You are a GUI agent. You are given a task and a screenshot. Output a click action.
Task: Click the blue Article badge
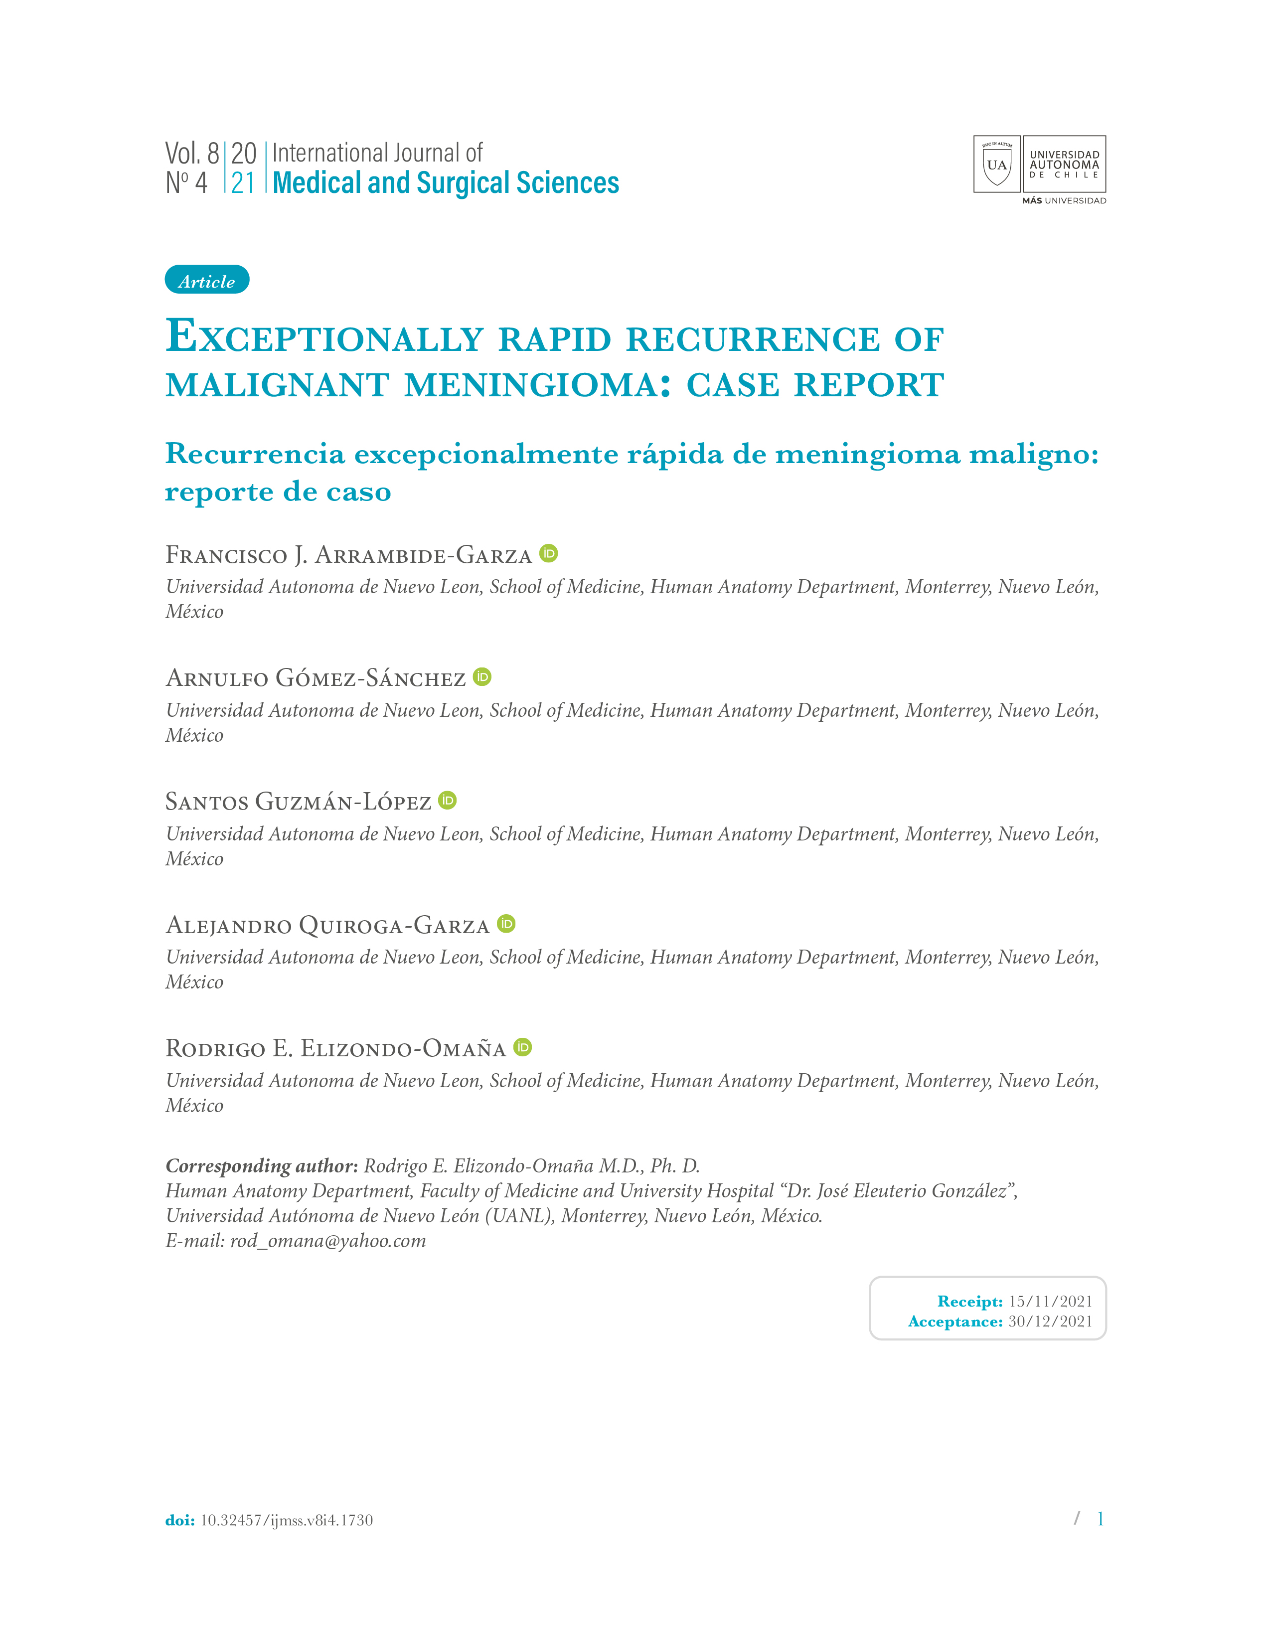[206, 280]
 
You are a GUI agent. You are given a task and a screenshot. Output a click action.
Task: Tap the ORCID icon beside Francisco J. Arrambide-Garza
[548, 554]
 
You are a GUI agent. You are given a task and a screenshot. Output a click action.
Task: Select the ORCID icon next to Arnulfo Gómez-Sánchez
[482, 677]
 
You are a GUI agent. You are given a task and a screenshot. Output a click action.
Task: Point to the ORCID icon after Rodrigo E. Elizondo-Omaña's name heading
[522, 1047]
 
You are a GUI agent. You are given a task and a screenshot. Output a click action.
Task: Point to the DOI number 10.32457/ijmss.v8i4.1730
[286, 1520]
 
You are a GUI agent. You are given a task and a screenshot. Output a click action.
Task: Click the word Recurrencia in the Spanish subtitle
[255, 454]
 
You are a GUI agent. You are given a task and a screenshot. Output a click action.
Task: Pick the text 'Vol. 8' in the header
[192, 154]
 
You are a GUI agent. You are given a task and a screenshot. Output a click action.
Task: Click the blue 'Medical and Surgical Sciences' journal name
[446, 183]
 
